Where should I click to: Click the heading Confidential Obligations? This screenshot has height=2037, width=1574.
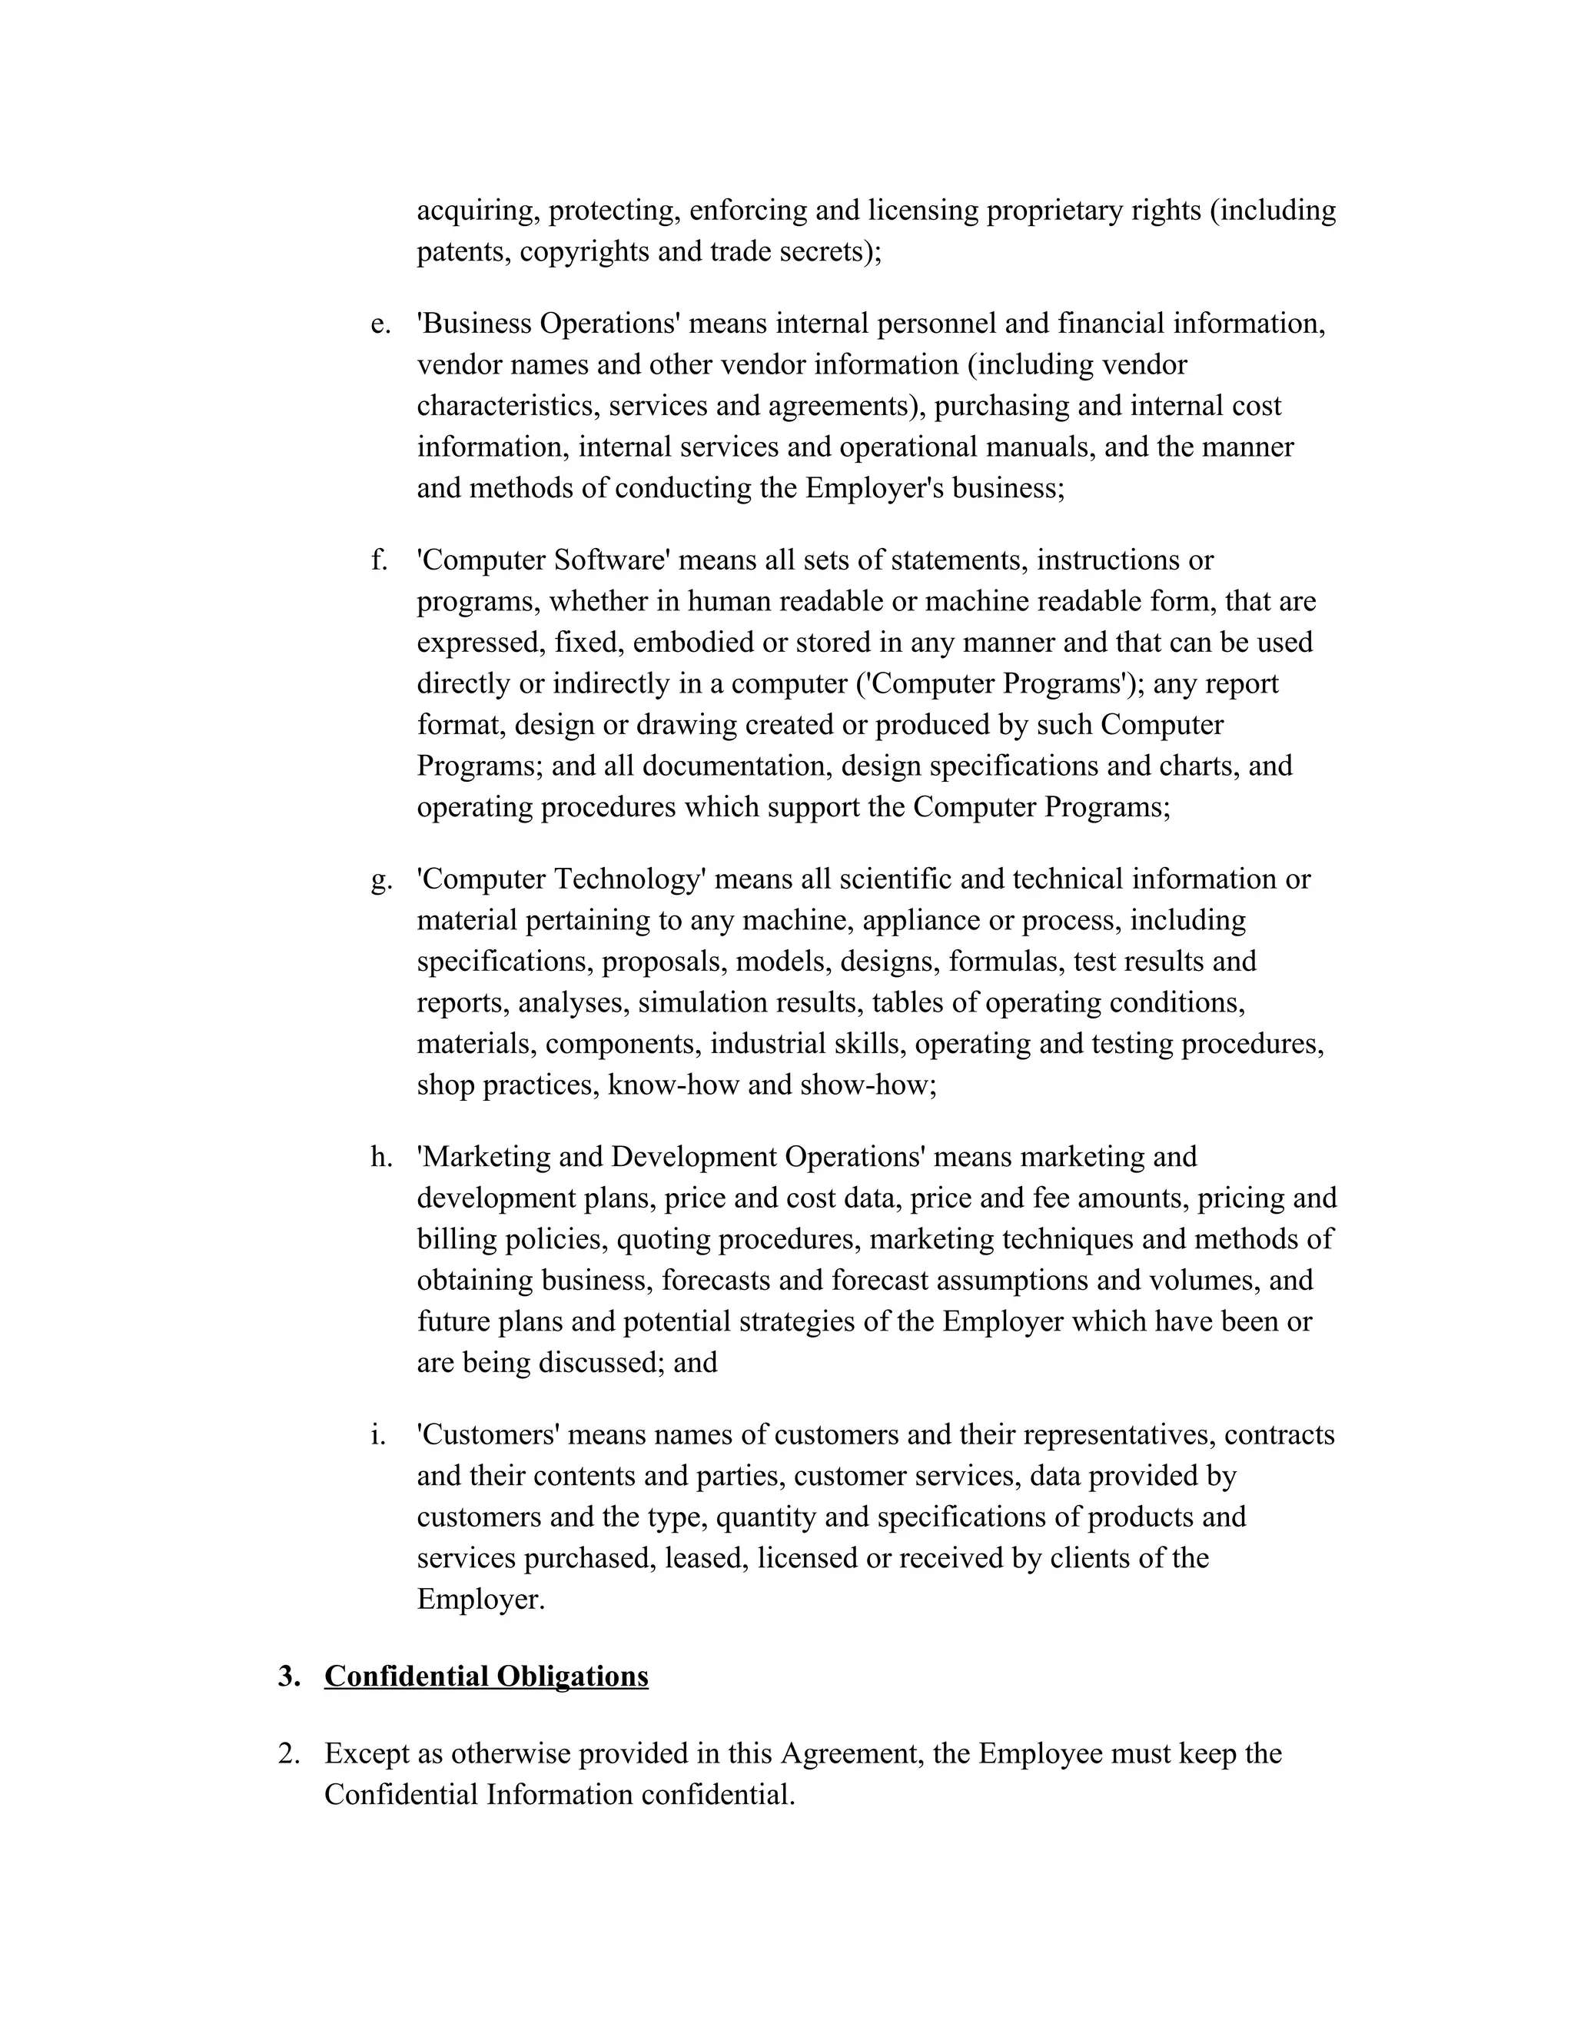click(486, 1676)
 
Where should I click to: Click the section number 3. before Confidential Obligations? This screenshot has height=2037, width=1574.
click(289, 1676)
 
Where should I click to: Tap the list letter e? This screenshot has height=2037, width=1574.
click(380, 324)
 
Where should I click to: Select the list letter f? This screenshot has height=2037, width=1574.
click(379, 560)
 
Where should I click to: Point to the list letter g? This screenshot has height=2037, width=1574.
click(380, 879)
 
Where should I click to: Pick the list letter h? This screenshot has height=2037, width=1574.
click(381, 1157)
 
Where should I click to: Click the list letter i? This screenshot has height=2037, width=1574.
click(377, 1434)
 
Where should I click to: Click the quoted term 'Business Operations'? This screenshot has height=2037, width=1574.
click(548, 324)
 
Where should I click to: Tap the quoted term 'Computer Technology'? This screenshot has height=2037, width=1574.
click(561, 879)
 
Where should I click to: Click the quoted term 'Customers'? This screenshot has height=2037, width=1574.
click(488, 1434)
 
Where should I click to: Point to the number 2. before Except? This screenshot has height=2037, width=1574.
click(289, 1753)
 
